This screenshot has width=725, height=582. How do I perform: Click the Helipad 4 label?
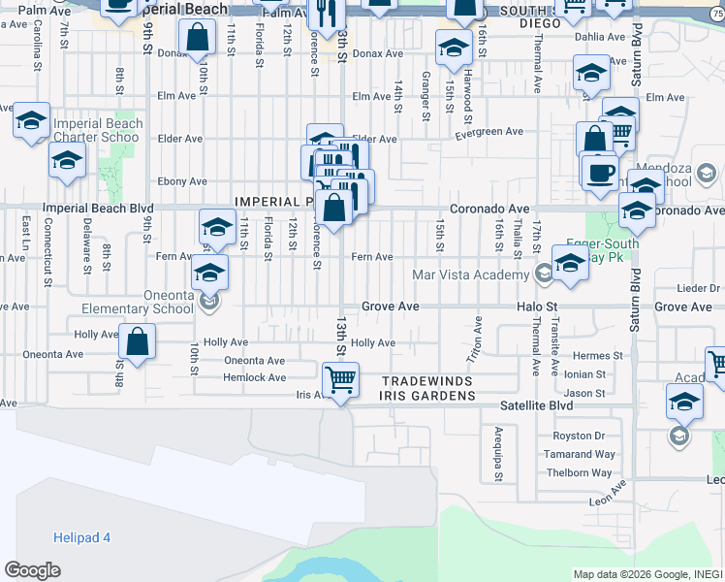81,537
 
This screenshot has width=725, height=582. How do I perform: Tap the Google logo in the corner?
32,570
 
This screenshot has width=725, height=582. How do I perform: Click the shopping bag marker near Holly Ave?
138,341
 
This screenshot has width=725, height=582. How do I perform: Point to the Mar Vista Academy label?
471,275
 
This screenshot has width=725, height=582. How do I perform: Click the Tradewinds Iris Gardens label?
428,388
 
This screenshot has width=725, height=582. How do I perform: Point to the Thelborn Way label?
580,472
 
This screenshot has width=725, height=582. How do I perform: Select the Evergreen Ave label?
490,132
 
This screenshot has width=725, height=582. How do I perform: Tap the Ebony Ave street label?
183,181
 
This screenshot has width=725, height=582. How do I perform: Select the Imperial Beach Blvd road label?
100,208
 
